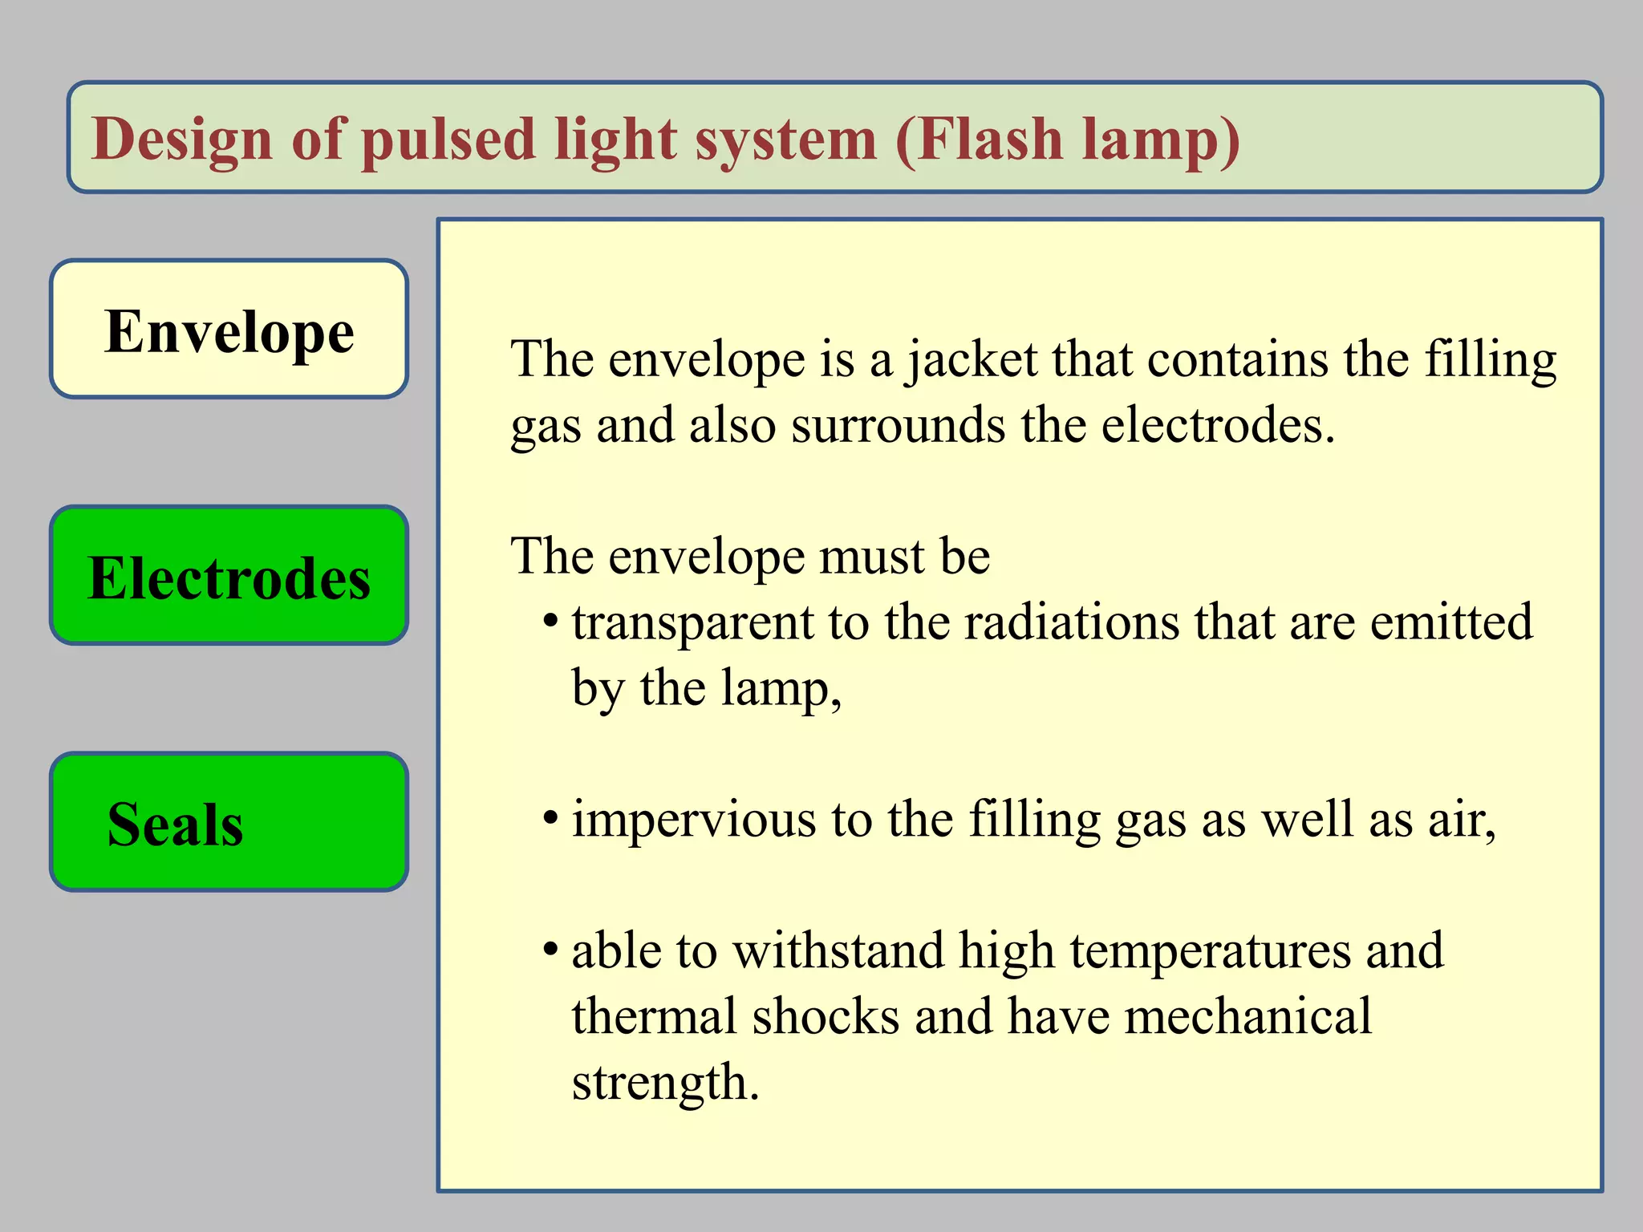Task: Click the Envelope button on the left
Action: [229, 330]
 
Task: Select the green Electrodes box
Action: [229, 576]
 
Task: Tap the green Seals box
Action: [229, 822]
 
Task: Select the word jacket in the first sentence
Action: [972, 359]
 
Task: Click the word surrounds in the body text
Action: [898, 425]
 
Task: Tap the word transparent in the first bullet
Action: [692, 622]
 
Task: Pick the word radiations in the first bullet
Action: [1071, 622]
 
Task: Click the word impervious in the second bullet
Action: [694, 820]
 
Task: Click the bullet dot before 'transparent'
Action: [550, 622]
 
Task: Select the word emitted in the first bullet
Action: [1450, 622]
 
